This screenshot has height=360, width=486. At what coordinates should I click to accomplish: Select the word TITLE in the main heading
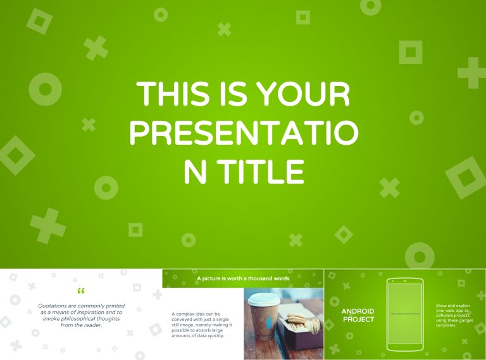pos(261,170)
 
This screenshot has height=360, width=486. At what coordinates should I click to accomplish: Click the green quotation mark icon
pos(80,292)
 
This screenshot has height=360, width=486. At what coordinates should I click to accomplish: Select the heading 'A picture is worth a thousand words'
pos(243,278)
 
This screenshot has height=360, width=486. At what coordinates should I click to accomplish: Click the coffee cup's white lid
pos(262,299)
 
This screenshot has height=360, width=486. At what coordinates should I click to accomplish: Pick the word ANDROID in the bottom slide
pos(358,311)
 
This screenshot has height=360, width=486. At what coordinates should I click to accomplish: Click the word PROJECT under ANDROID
pos(358,320)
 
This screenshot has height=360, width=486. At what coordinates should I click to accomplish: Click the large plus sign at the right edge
pos(472,73)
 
